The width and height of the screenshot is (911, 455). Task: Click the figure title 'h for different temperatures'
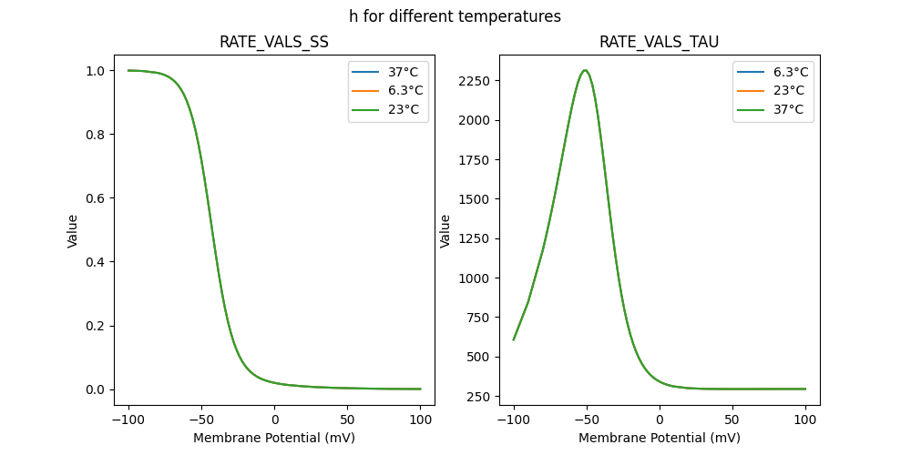click(x=455, y=16)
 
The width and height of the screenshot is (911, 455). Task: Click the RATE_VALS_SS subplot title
click(x=274, y=42)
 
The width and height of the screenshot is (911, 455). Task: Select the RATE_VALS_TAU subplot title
click(x=659, y=42)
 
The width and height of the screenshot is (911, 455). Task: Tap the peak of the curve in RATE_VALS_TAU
click(x=585, y=70)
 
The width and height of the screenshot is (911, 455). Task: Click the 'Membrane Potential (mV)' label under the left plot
click(x=274, y=438)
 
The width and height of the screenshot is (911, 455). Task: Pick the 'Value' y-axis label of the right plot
click(x=445, y=231)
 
